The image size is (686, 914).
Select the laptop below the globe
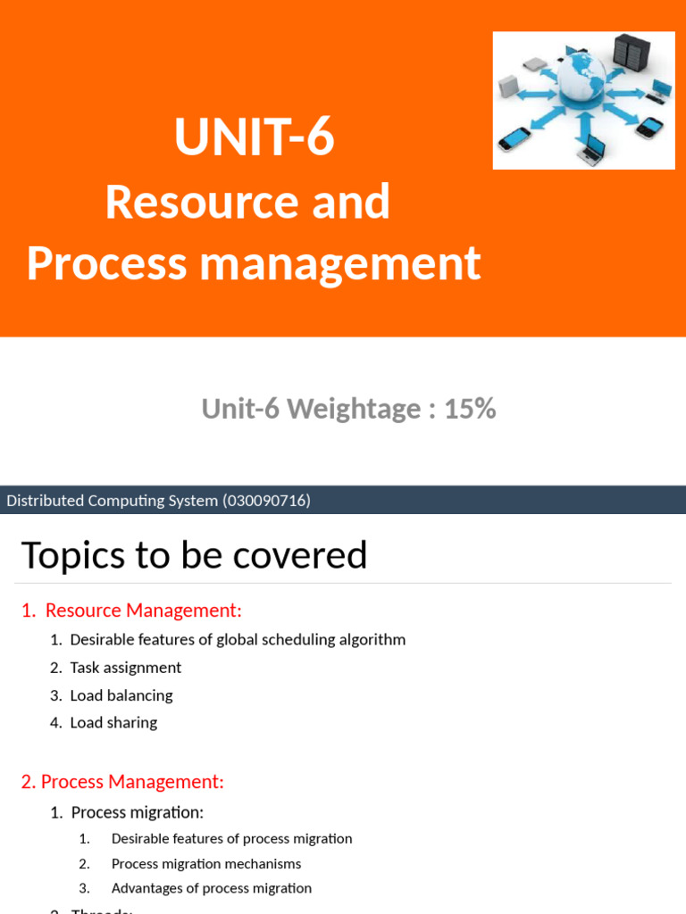tap(592, 149)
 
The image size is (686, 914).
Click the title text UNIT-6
tap(255, 138)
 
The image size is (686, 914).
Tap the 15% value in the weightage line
tap(470, 409)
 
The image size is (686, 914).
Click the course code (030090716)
tap(266, 501)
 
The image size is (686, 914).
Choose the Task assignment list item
tap(125, 668)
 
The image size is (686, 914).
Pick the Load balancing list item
tap(121, 695)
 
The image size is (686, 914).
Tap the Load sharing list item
tap(113, 723)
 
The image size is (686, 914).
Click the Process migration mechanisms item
tap(206, 864)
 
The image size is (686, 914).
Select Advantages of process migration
tap(212, 888)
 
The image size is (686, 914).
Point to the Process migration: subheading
tap(137, 812)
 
